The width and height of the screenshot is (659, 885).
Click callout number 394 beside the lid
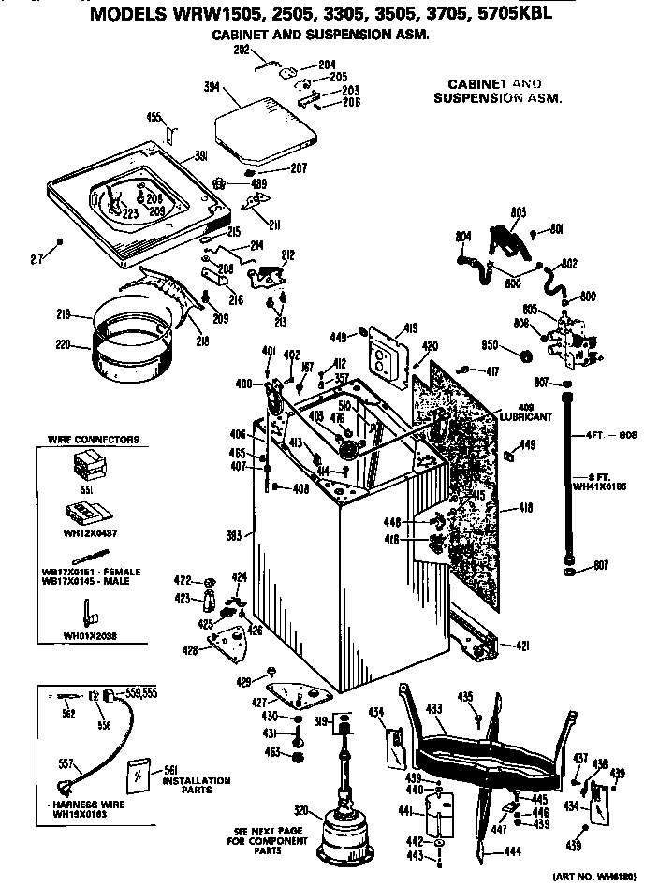click(212, 87)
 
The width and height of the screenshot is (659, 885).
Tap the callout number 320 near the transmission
click(301, 810)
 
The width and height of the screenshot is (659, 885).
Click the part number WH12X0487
click(89, 532)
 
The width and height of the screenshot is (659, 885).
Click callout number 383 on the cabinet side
click(235, 536)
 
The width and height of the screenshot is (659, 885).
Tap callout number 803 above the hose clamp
click(520, 212)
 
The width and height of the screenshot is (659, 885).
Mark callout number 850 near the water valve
click(489, 345)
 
